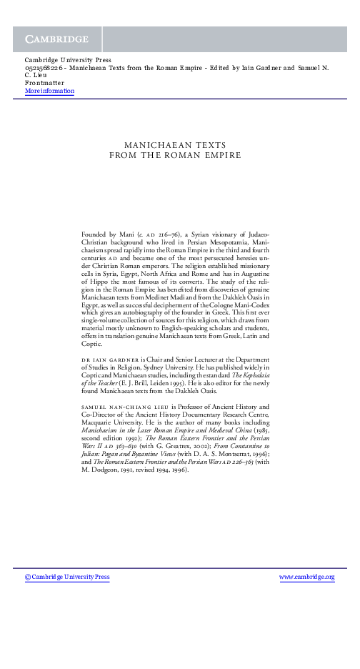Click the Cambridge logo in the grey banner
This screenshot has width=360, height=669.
pos(57,39)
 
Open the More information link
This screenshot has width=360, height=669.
pos(49,91)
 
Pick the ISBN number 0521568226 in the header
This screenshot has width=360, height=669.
pos(44,68)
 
